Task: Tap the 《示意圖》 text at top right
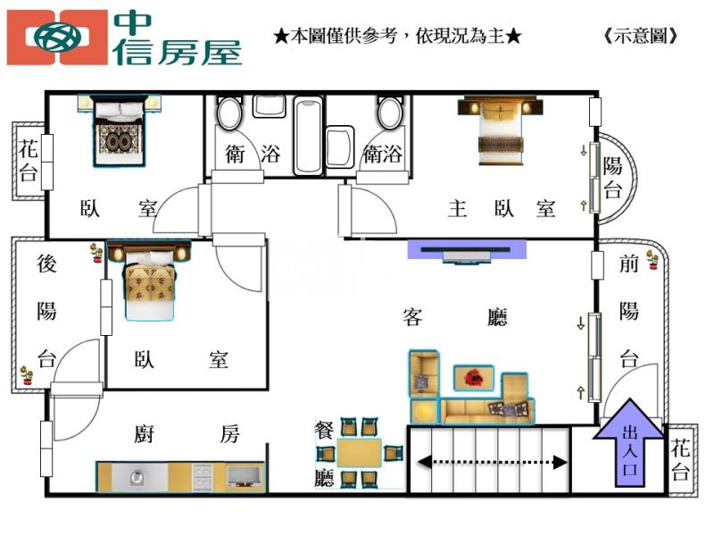pyautogui.click(x=641, y=37)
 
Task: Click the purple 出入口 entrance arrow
pyautogui.click(x=629, y=441)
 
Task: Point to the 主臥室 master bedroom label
pyautogui.click(x=502, y=209)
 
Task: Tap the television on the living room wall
pyautogui.click(x=467, y=250)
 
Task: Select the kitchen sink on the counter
pyautogui.click(x=137, y=476)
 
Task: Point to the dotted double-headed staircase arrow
pyautogui.click(x=491, y=462)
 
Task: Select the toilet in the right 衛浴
pyautogui.click(x=389, y=113)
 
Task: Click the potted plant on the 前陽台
pyautogui.click(x=652, y=260)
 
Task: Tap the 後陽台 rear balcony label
pyautogui.click(x=47, y=311)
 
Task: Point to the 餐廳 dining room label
pyautogui.click(x=324, y=454)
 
